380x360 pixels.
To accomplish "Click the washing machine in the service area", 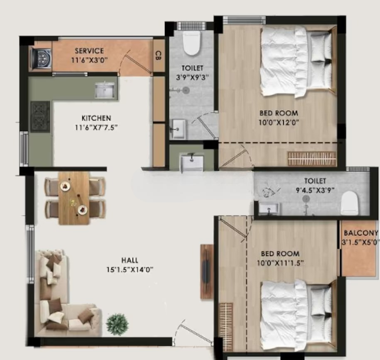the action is click(41, 58).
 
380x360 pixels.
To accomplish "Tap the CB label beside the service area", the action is click(158, 56).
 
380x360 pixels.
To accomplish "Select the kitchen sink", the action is click(104, 90).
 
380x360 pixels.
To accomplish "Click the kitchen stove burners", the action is click(40, 116).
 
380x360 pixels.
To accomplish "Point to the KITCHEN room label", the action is click(96, 118).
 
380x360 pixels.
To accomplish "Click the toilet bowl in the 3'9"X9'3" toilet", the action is click(191, 43).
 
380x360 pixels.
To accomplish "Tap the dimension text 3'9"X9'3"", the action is click(192, 77).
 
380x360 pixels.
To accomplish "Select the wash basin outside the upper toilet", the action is click(192, 162).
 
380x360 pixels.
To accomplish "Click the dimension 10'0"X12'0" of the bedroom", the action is click(279, 122).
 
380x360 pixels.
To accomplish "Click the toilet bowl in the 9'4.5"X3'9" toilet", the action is click(349, 203).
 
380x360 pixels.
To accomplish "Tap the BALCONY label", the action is click(361, 233).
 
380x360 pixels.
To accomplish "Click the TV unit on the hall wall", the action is click(207, 272).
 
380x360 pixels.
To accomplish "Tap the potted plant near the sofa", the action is click(118, 324).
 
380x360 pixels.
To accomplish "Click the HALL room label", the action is click(130, 260).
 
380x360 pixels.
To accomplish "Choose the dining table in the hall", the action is click(74, 198).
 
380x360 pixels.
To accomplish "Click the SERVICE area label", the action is click(89, 51).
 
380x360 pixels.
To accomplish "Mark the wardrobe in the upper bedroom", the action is click(312, 159).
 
